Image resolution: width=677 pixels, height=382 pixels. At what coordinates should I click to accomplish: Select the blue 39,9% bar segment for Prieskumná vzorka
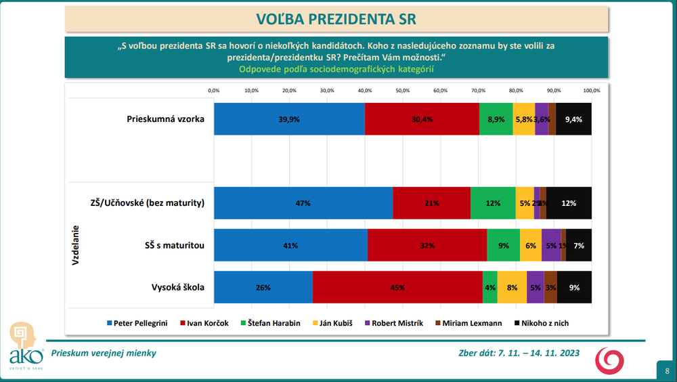tap(289, 119)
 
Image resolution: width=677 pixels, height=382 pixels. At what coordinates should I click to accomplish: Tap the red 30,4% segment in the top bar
tap(422, 119)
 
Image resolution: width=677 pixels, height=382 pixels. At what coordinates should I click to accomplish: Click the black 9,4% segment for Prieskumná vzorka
tap(573, 119)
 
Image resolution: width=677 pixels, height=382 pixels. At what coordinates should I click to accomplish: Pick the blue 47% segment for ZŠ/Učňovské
tap(303, 203)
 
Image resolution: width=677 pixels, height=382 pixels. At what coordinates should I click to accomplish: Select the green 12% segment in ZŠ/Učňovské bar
tap(493, 203)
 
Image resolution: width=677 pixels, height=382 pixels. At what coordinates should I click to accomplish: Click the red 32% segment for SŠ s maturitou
tap(427, 245)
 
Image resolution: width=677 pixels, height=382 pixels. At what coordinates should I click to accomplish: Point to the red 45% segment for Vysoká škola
tap(397, 287)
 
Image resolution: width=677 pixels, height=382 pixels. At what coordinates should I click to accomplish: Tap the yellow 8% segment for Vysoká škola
tap(512, 287)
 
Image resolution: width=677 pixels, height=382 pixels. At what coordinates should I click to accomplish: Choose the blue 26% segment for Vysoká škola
tap(263, 287)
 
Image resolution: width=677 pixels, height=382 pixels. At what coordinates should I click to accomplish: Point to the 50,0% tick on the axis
tap(403, 90)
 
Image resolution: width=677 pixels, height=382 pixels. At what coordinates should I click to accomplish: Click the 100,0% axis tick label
tap(591, 90)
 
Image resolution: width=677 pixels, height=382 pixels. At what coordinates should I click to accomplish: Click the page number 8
tap(667, 370)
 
